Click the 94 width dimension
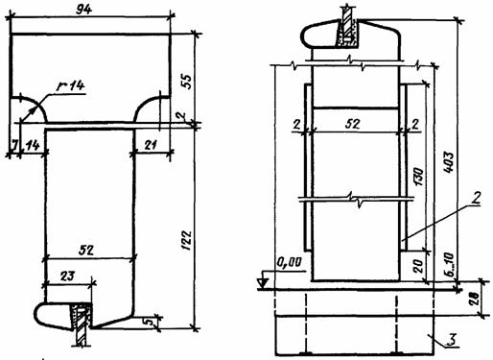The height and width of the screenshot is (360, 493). pos(83,10)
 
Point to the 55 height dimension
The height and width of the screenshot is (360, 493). pos(187,82)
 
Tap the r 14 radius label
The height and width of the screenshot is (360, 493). pos(70,85)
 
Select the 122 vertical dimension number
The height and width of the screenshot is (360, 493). pos(186,240)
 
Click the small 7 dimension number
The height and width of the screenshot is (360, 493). pos(13,145)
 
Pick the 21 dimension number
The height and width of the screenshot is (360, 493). pos(150,145)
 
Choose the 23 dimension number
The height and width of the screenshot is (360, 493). pos(67,276)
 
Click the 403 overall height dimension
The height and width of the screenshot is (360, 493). pos(449,162)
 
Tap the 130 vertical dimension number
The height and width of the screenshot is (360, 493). pos(419,177)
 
